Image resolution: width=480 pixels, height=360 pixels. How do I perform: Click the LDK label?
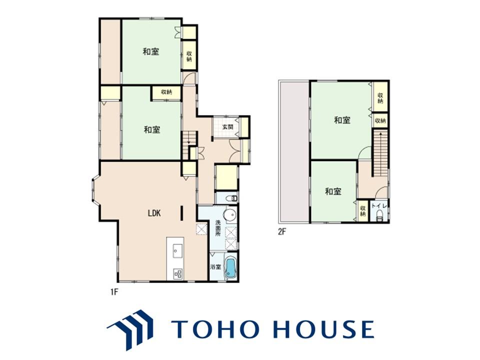[x=154, y=213]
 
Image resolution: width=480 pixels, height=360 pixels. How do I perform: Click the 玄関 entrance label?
[x=227, y=126]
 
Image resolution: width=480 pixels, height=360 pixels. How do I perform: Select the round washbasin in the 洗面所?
[x=229, y=214]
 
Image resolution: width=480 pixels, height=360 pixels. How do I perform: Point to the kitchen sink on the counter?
[x=176, y=250]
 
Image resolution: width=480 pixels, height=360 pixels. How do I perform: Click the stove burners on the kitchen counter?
[x=178, y=273]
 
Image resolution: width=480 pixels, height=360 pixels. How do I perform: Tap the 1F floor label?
[x=114, y=292]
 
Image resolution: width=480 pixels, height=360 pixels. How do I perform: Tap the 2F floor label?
[x=281, y=231]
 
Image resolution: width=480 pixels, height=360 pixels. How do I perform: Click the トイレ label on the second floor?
[x=379, y=206]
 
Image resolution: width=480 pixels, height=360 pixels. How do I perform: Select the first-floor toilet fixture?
[x=231, y=198]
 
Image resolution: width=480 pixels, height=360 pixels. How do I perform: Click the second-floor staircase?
[x=380, y=153]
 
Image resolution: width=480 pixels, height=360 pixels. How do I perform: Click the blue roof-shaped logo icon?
[x=130, y=329]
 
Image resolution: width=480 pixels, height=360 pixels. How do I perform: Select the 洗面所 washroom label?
[x=217, y=227]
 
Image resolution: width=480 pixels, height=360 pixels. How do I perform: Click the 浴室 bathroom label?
[x=216, y=267]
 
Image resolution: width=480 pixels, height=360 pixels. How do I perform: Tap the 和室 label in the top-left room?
[x=151, y=51]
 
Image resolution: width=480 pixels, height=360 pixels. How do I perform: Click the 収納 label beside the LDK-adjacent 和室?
[x=166, y=92]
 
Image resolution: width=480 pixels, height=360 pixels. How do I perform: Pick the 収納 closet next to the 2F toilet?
[x=363, y=210]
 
